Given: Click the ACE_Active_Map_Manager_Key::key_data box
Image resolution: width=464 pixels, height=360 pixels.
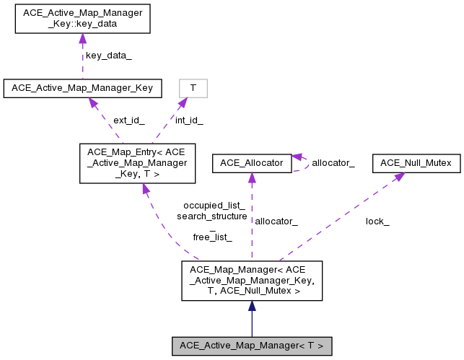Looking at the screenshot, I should [x=82, y=19].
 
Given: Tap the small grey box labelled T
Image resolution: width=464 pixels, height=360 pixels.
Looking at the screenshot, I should [x=193, y=88].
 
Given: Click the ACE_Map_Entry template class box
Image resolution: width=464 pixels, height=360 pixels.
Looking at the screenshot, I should [x=136, y=162].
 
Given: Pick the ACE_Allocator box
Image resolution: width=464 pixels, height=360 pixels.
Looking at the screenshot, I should [x=251, y=164].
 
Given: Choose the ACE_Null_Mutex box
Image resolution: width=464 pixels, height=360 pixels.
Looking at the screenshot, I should [x=416, y=164].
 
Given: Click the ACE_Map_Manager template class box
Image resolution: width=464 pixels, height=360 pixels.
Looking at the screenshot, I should [x=251, y=281].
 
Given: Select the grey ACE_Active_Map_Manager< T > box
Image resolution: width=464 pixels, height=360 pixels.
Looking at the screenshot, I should [x=251, y=346].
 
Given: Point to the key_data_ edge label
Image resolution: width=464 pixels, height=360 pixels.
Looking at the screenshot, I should [x=108, y=56].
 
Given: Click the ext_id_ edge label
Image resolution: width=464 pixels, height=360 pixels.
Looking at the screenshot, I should [x=128, y=120].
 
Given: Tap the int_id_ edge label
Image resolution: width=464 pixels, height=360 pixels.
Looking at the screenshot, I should [x=189, y=120].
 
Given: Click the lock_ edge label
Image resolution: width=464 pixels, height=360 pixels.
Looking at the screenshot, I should [x=377, y=221].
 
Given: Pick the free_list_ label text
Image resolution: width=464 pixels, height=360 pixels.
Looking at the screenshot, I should [x=212, y=237].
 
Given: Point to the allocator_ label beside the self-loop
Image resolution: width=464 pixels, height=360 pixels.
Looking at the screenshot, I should [x=333, y=164].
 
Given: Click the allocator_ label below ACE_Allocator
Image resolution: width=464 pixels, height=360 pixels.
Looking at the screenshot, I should [x=276, y=221].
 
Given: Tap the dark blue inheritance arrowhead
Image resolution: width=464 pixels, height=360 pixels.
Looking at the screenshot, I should [x=251, y=306].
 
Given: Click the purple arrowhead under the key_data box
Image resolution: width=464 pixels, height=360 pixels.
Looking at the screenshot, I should [x=82, y=39].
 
